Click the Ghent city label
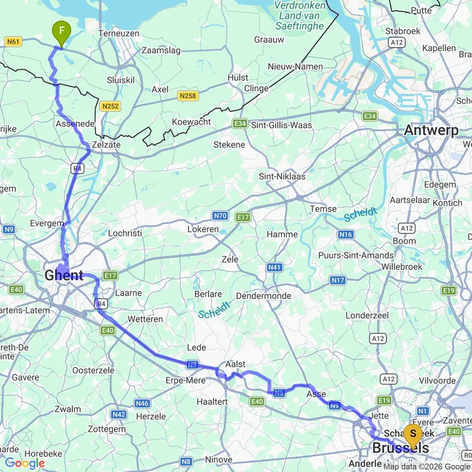pyautogui.click(x=64, y=276)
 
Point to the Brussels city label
pyautogui.click(x=401, y=449)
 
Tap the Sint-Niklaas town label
pyautogui.click(x=282, y=176)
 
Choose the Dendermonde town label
pyautogui.click(x=263, y=296)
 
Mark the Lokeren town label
pyautogui.click(x=203, y=229)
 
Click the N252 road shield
pyautogui.click(x=110, y=106)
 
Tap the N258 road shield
pyautogui.click(x=187, y=96)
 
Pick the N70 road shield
pyautogui.click(x=220, y=216)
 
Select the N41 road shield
pyautogui.click(x=274, y=267)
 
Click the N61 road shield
pyautogui.click(x=13, y=42)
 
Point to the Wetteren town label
pyautogui.click(x=145, y=319)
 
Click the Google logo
pyautogui.click(x=24, y=464)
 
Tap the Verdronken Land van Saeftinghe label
pyautogui.click(x=300, y=16)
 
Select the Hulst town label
pyautogui.click(x=238, y=77)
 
